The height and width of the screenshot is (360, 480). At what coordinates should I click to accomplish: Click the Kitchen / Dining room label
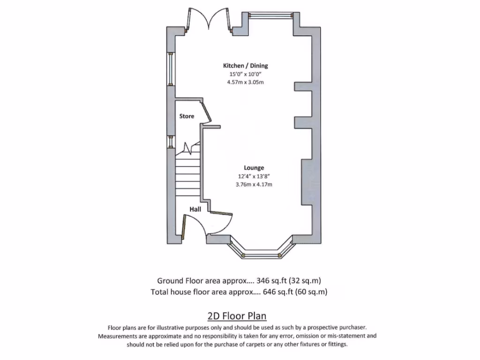click(245, 66)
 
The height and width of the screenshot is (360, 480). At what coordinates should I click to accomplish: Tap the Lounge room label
click(254, 168)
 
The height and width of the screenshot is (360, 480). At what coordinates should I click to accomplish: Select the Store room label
click(187, 116)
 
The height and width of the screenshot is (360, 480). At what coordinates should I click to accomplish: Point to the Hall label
click(195, 209)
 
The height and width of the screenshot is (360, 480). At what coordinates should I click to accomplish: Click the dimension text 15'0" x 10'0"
click(245, 75)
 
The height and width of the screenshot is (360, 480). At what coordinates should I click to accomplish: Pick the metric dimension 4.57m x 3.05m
click(245, 83)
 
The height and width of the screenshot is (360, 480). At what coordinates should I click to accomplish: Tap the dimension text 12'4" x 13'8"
click(254, 176)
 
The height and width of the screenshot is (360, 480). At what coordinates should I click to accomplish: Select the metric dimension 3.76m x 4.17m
click(254, 185)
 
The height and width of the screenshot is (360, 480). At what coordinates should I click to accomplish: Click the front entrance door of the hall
click(185, 228)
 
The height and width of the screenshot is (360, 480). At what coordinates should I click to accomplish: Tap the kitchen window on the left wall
click(171, 69)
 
